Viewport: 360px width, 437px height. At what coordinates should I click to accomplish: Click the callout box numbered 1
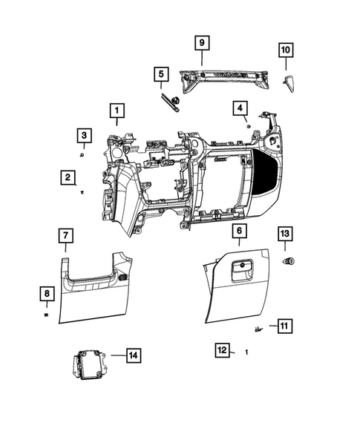click(116, 110)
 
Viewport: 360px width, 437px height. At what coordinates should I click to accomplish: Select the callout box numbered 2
click(68, 177)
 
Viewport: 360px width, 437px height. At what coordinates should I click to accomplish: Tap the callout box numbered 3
click(85, 135)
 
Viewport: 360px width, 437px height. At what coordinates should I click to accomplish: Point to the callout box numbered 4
click(240, 108)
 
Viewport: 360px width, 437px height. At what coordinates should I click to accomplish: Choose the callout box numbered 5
click(160, 74)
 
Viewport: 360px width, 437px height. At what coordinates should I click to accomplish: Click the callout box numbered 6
click(238, 231)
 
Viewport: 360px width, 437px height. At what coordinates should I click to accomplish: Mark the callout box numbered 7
click(65, 236)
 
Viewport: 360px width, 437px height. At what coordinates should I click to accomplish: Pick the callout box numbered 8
click(46, 295)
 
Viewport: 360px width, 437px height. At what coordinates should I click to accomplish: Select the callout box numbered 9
click(200, 43)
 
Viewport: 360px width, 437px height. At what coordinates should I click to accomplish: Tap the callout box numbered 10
click(286, 50)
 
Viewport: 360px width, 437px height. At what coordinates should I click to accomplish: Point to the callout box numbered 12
click(221, 349)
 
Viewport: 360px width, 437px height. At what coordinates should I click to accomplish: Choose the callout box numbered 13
click(285, 234)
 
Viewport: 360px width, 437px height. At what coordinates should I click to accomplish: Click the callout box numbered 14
click(132, 355)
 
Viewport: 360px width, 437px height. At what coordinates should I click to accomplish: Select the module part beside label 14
click(89, 366)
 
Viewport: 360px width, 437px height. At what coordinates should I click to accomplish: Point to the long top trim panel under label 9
click(223, 76)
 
